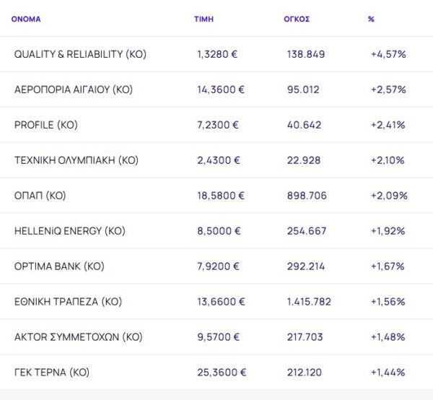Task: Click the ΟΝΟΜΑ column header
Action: click(x=26, y=19)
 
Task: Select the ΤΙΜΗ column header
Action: click(x=204, y=19)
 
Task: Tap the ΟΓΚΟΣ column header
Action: click(x=297, y=19)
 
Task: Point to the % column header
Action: click(x=371, y=19)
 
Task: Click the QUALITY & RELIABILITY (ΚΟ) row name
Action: click(x=80, y=54)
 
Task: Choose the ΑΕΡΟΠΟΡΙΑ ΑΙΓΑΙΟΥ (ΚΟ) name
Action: click(x=74, y=90)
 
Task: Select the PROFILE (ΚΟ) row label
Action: click(x=46, y=125)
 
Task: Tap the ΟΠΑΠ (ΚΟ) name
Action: click(x=40, y=196)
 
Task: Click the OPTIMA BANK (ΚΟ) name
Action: click(x=59, y=266)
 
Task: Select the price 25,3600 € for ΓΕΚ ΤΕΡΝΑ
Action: click(x=222, y=373)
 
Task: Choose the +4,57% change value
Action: click(x=388, y=54)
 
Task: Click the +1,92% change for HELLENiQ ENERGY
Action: click(x=388, y=231)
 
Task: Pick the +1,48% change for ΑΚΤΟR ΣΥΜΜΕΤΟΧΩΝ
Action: click(x=388, y=337)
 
